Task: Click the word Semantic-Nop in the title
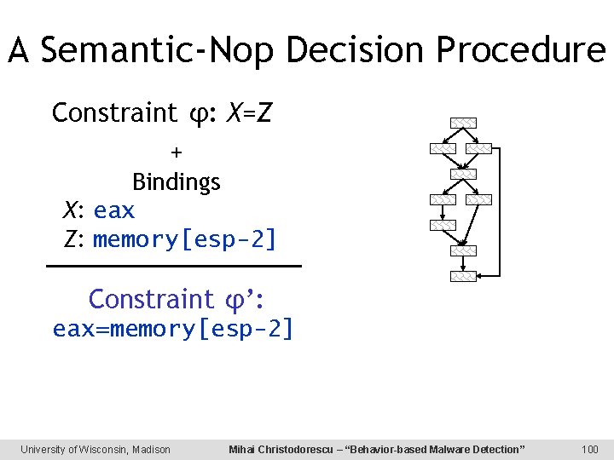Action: (159, 51)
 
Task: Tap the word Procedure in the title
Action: (520, 51)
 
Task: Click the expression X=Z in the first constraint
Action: (249, 112)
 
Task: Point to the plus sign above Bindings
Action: (176, 152)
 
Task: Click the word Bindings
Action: (176, 182)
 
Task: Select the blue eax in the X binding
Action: (114, 210)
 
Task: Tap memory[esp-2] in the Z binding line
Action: (185, 239)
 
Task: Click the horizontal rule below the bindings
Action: (174, 267)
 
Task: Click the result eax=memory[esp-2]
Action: (174, 329)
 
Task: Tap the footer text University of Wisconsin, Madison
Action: (96, 449)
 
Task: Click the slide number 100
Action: (589, 449)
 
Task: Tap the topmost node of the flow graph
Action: (463, 123)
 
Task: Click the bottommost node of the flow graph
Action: (463, 277)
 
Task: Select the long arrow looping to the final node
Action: (500, 213)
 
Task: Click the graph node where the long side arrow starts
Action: (479, 148)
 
